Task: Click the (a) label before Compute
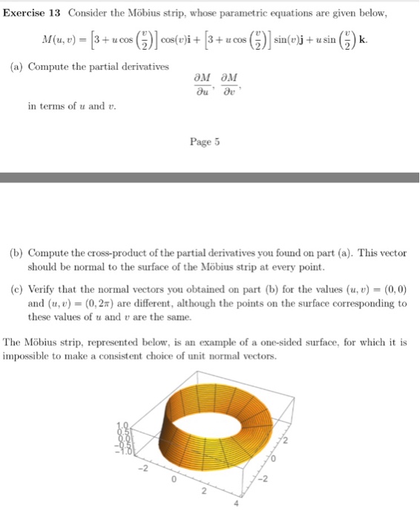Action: (x=16, y=66)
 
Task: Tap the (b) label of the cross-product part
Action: (x=16, y=253)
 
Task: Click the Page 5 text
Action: (x=205, y=142)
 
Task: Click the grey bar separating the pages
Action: (x=210, y=176)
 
